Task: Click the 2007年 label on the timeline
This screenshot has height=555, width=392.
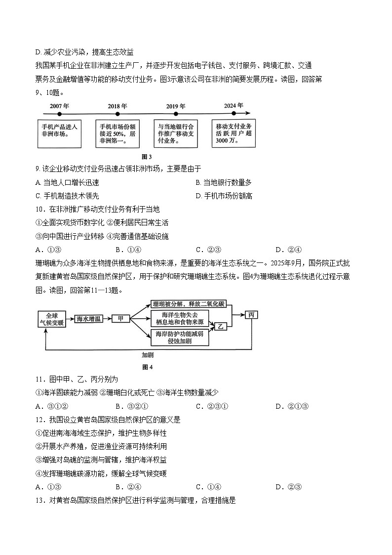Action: coord(59,106)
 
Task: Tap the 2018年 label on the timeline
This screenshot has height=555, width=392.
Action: coord(118,106)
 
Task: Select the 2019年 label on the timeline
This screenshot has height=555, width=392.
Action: coord(176,106)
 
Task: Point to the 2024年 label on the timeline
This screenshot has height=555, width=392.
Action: coord(234,106)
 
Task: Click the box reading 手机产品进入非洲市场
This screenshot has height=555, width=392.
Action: coord(59,133)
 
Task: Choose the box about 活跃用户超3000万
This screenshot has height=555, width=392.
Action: coord(234,133)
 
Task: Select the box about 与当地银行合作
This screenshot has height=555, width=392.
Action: coord(176,133)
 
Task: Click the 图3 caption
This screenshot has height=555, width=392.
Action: coord(147,157)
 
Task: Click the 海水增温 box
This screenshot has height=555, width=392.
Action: coord(88,319)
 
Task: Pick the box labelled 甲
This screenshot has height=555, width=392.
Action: coord(120,319)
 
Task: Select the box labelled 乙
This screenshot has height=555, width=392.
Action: coord(221,326)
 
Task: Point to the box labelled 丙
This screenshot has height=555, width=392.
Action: coord(251,315)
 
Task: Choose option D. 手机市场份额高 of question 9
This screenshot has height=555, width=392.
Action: coord(224,196)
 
